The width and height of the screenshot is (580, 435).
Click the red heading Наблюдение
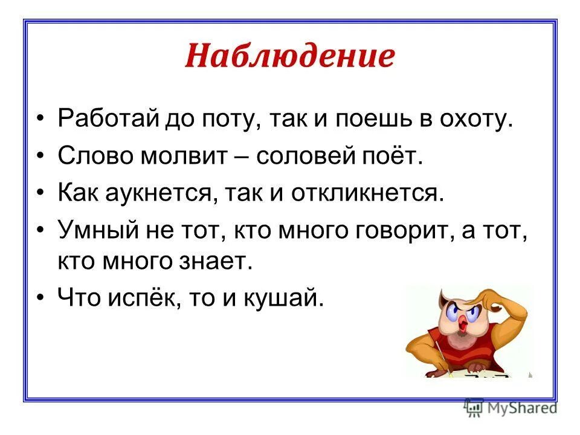289,57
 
